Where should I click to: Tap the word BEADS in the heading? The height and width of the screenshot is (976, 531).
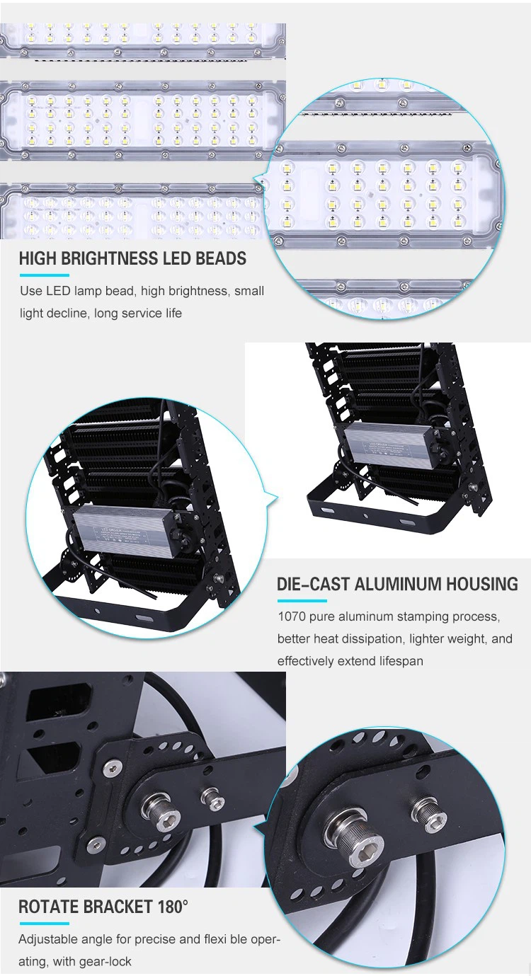coord(221,258)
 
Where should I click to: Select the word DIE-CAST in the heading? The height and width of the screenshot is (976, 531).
coord(314,584)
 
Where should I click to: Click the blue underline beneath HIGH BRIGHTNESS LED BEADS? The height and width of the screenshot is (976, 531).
coord(45,275)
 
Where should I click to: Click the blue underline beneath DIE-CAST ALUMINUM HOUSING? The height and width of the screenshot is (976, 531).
coord(302,601)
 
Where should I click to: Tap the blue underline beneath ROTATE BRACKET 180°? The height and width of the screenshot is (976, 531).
coord(45,924)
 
